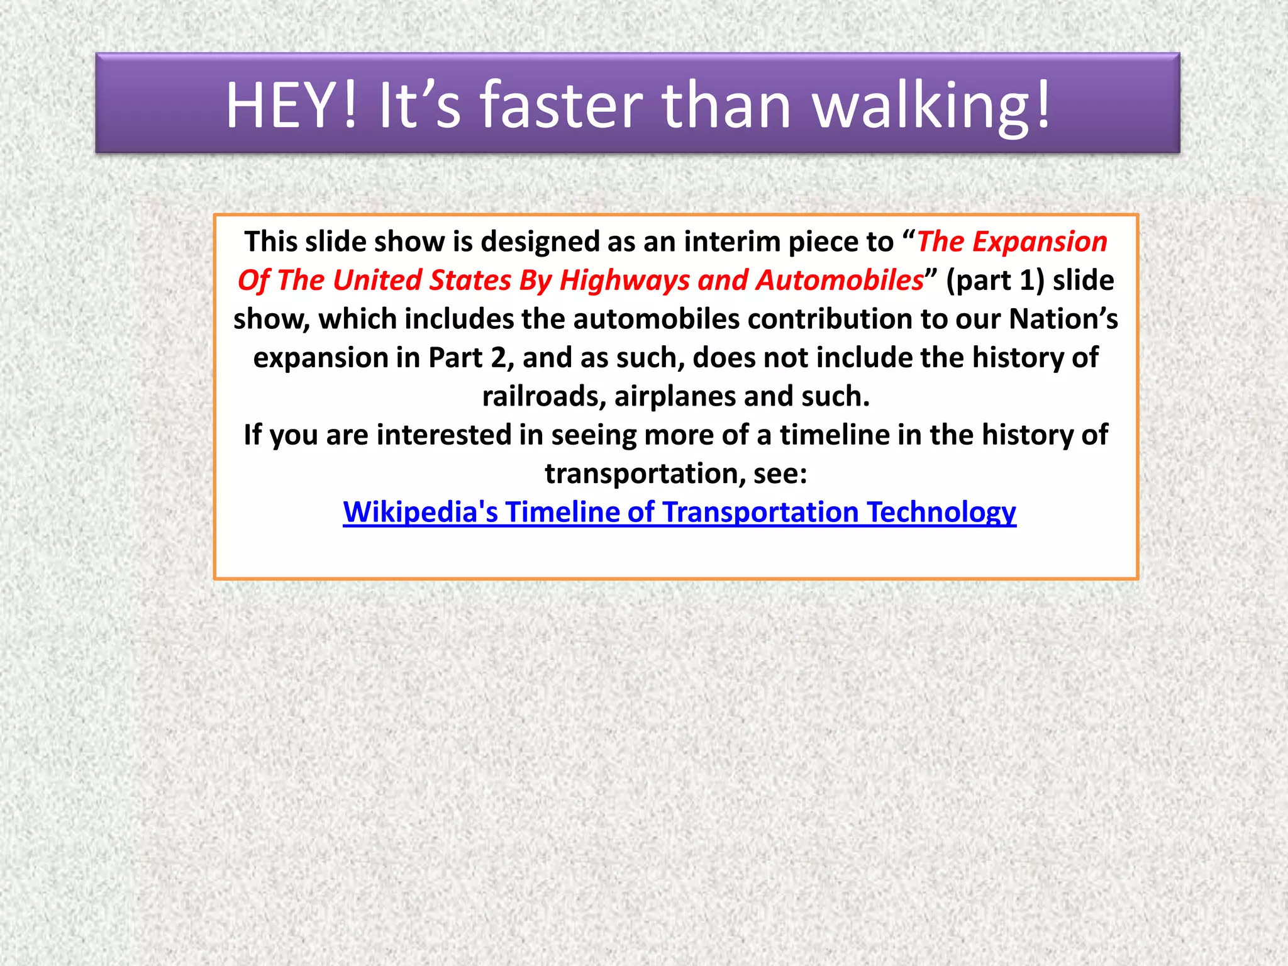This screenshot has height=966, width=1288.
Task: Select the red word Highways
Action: [x=624, y=280]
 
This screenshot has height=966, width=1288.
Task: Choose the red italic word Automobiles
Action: [x=840, y=280]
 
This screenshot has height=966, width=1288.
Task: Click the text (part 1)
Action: [x=995, y=280]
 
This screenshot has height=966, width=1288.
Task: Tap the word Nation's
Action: [x=1063, y=319]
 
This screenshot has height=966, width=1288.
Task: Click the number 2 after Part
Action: [x=498, y=358]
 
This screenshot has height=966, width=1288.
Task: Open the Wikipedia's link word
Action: [x=420, y=512]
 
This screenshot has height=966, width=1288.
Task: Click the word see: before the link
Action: [x=780, y=474]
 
